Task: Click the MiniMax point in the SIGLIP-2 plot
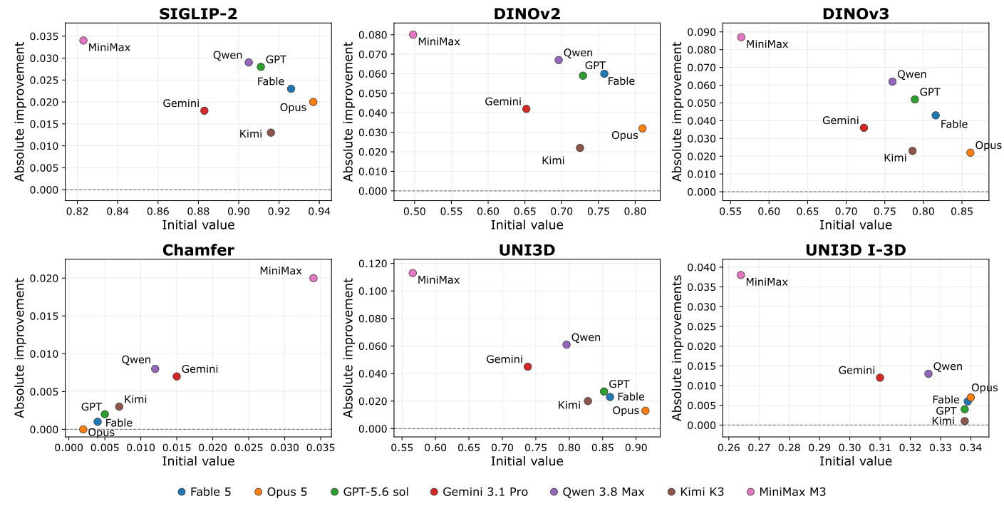(83, 41)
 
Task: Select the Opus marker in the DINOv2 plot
(642, 129)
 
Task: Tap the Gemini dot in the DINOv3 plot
(864, 128)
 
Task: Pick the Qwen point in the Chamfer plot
(155, 369)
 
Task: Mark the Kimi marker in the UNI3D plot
(588, 401)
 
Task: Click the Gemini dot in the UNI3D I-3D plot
(880, 378)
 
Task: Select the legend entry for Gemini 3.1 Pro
(479, 492)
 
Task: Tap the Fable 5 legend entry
(205, 492)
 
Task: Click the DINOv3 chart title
(855, 14)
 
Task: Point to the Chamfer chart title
(198, 250)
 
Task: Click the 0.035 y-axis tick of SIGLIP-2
(44, 36)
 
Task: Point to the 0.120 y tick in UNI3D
(373, 264)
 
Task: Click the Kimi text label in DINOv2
(553, 160)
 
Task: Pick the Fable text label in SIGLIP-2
(271, 81)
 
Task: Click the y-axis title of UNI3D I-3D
(677, 348)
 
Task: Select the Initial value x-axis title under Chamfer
(198, 461)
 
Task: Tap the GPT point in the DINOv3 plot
(915, 100)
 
